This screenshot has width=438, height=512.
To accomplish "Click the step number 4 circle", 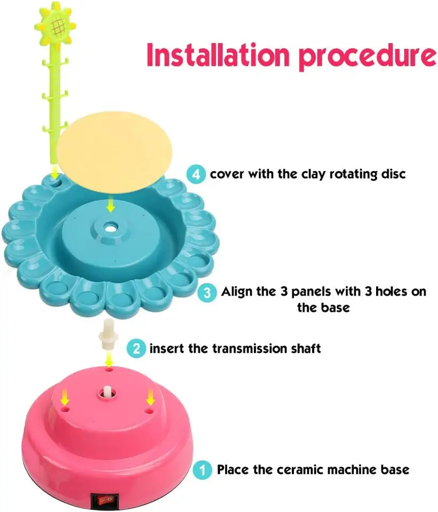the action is (196, 174).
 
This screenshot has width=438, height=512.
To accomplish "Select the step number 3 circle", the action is (207, 292).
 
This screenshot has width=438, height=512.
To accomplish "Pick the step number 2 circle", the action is (136, 348).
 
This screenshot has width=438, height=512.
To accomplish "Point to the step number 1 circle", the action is (202, 470).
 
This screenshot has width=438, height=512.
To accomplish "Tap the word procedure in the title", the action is (368, 57).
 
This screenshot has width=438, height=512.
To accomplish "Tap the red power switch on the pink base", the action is (102, 500).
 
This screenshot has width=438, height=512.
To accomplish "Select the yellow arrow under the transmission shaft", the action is (109, 359).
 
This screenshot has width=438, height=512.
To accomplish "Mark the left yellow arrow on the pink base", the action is (65, 396).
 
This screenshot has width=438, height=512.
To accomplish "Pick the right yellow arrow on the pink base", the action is (150, 396).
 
